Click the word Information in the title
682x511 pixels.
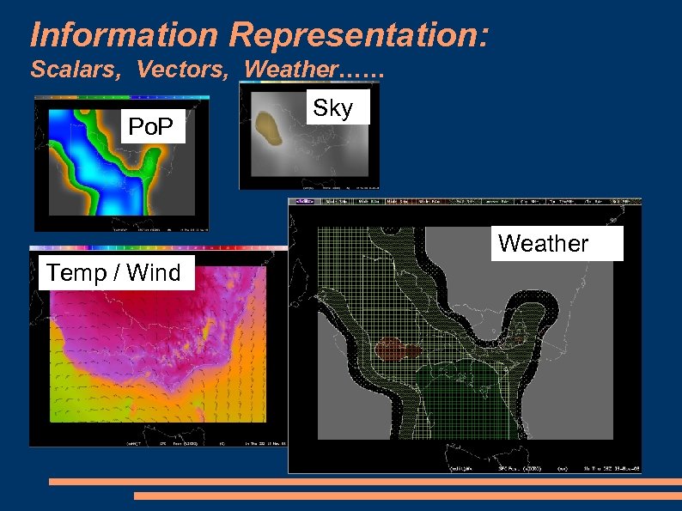[124, 34]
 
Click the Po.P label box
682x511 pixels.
[155, 129]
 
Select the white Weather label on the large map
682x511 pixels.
[543, 244]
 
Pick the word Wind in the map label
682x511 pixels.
[153, 273]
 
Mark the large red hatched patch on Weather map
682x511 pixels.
[396, 349]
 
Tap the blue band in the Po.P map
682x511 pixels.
[94, 163]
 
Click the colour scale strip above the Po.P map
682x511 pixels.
[120, 98]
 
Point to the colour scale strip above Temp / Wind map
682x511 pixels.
[159, 248]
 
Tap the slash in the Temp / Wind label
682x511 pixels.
[113, 273]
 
